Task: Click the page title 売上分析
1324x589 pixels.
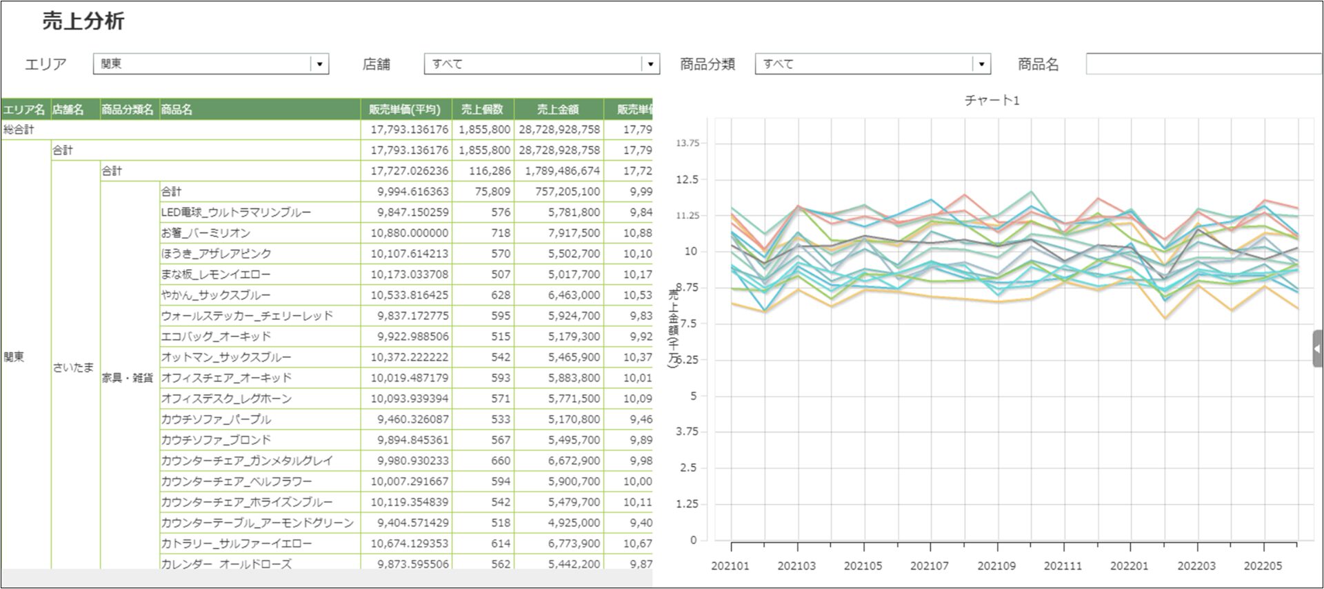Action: click(83, 21)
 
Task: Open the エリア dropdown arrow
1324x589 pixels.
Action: click(319, 64)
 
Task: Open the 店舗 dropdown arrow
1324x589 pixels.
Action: click(650, 64)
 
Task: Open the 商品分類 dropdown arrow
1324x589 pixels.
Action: click(981, 64)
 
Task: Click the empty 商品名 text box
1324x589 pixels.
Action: click(1203, 64)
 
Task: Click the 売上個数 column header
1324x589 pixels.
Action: click(482, 109)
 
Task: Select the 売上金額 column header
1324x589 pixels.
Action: click(558, 109)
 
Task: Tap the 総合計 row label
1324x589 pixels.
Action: click(19, 130)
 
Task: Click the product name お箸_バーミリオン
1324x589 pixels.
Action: click(205, 233)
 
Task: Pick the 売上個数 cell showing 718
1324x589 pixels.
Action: click(501, 233)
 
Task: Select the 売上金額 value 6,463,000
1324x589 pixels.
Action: click(574, 295)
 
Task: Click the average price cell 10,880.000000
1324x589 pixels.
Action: click(410, 233)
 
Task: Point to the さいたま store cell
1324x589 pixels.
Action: click(72, 368)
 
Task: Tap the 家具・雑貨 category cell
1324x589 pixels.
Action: click(128, 378)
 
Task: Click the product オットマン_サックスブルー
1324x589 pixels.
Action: click(226, 357)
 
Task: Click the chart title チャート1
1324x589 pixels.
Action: click(992, 101)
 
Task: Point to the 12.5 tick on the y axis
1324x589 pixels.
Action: click(687, 179)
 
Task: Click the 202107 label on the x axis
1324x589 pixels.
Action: click(930, 566)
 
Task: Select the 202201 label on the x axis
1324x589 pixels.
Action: click(1130, 566)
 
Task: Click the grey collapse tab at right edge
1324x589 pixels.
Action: click(1317, 349)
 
